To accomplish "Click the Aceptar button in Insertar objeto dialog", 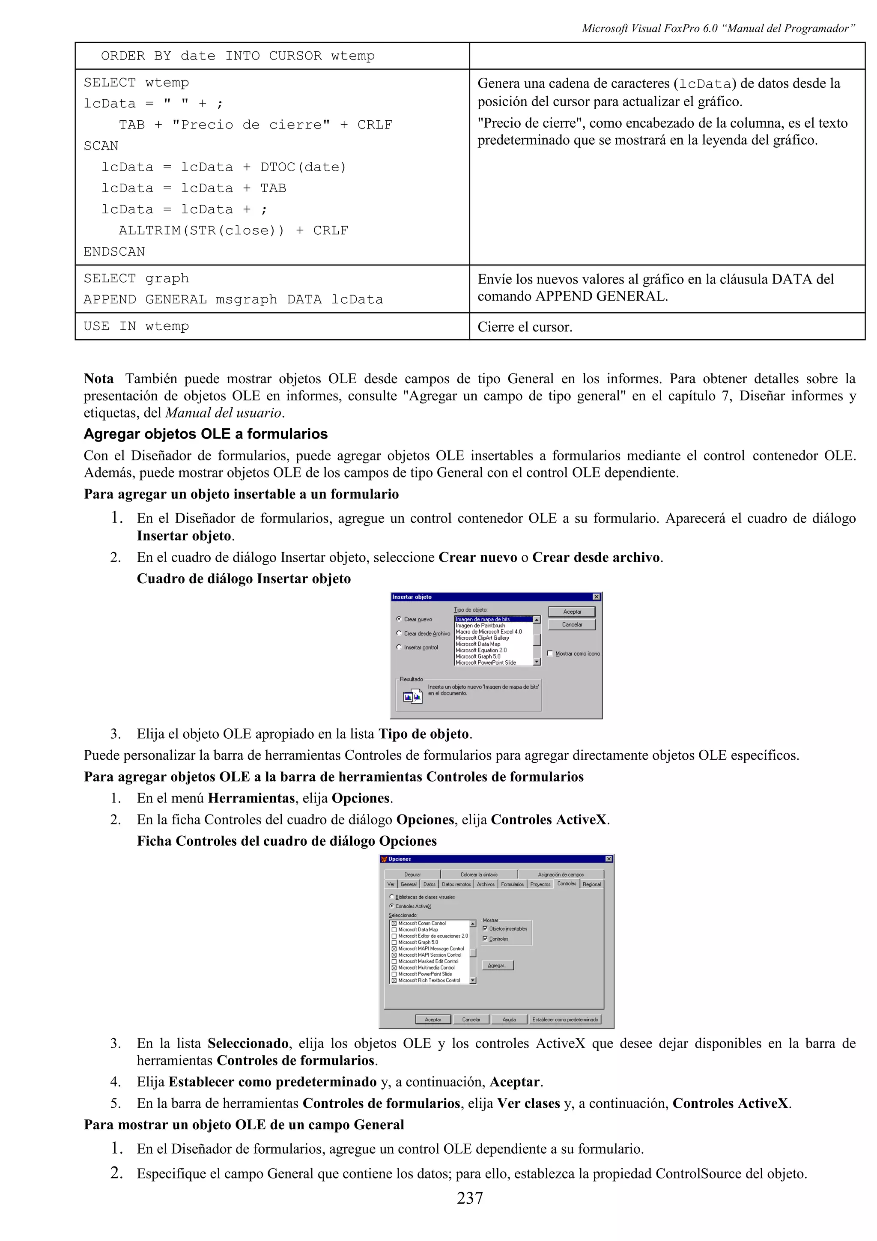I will coord(572,612).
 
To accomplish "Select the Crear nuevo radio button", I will coord(399,619).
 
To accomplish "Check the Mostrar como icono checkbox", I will coord(550,653).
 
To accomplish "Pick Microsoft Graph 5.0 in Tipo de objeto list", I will coord(478,656).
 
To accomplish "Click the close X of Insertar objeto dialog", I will coord(596,597).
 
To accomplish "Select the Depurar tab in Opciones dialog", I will coord(412,874).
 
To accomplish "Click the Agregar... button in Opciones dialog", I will coord(497,965).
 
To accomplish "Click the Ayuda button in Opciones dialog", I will coord(509,1019).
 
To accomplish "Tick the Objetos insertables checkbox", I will coord(485,928).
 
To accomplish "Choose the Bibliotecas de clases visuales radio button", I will coord(392,897).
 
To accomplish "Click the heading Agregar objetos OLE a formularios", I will coord(206,434).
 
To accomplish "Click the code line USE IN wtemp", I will coord(136,326).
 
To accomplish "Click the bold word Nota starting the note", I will coord(98,379).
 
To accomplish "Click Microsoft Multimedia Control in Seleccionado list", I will coord(427,967).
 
